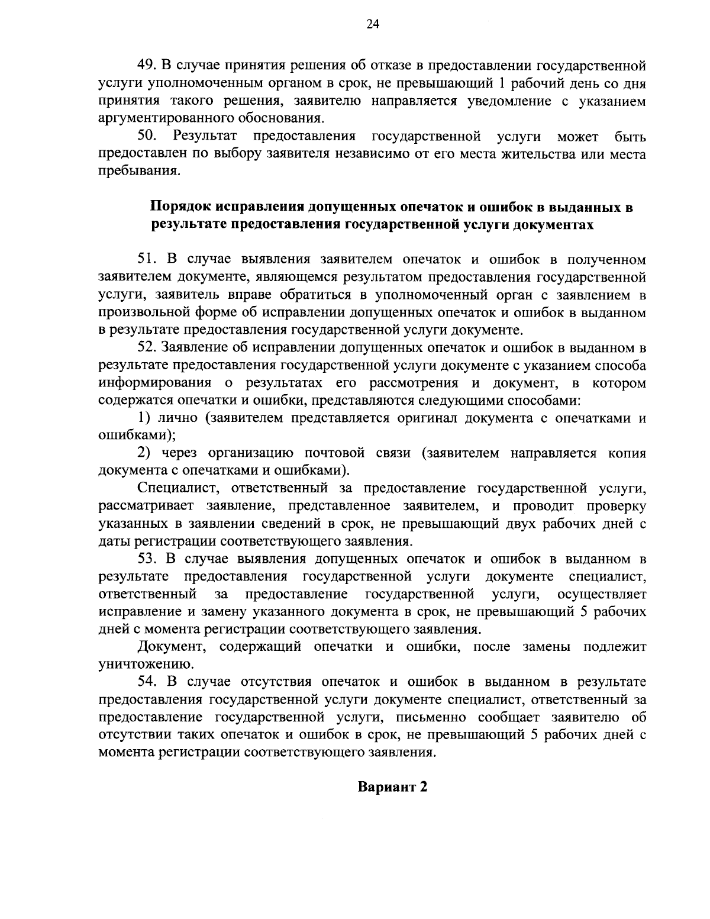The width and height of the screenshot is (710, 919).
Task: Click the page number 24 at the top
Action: (355, 24)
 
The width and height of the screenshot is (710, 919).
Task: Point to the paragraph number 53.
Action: (146, 559)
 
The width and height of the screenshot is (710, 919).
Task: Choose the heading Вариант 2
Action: (391, 788)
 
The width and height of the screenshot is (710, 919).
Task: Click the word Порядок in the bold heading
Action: (181, 208)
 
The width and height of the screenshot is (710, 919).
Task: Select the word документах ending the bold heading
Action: (553, 225)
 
